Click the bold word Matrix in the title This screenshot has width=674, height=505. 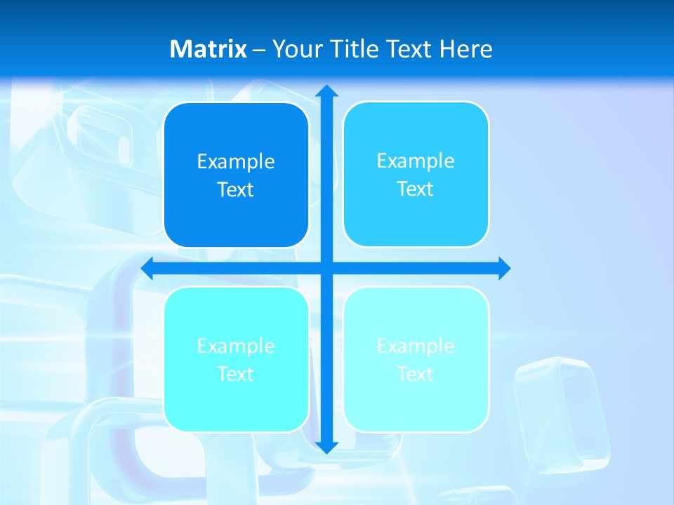coord(209,49)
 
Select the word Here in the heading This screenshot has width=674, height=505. coord(465,49)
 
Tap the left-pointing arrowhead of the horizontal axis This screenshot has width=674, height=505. coord(147,268)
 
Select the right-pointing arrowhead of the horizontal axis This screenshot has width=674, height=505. coord(504,268)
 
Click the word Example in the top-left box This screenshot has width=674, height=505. coord(236,161)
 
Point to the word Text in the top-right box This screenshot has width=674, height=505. coord(416,189)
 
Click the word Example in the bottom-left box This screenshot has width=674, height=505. coord(236,346)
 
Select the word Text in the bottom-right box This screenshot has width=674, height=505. coord(416,374)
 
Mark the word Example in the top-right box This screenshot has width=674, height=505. coord(416,161)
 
